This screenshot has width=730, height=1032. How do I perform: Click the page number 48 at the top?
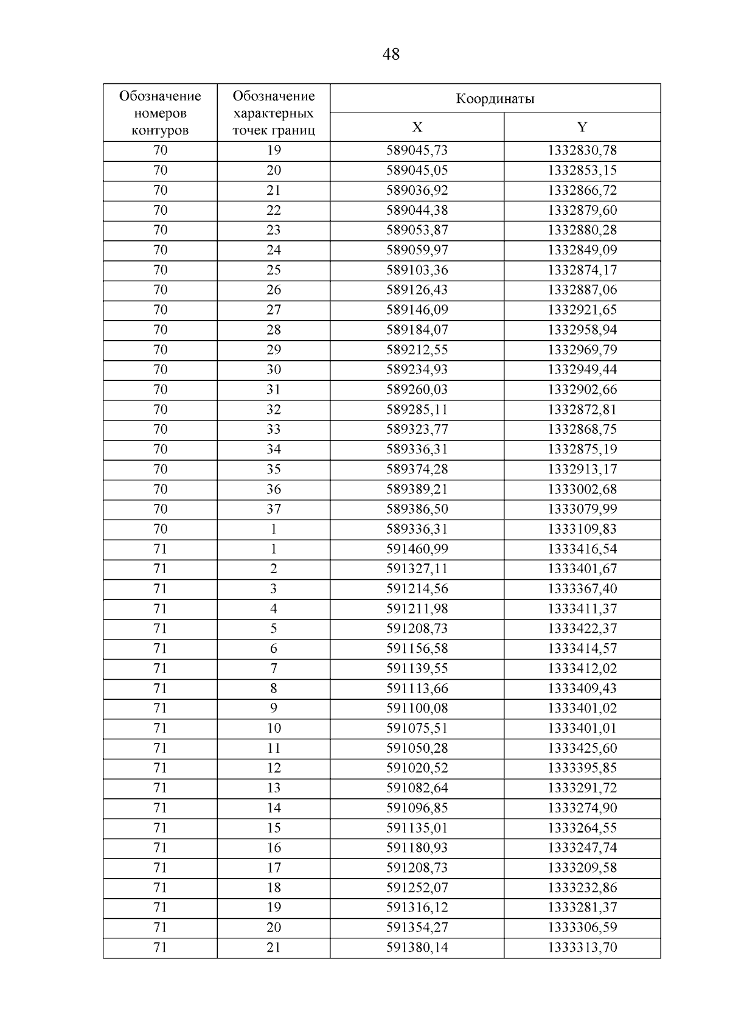click(x=391, y=55)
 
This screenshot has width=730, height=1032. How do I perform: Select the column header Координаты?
click(x=495, y=99)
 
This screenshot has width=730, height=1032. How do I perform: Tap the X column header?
click(x=417, y=127)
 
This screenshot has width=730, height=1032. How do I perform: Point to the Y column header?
click(x=582, y=127)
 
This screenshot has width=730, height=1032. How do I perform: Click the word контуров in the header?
click(x=160, y=130)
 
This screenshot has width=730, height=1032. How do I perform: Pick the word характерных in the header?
click(x=274, y=113)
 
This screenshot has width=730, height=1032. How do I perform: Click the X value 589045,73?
click(x=417, y=150)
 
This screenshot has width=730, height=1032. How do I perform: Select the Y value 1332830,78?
click(x=582, y=150)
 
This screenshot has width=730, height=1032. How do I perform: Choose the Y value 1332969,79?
click(x=582, y=350)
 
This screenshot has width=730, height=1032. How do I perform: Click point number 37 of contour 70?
click(x=274, y=509)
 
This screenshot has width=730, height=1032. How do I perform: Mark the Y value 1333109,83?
click(x=582, y=529)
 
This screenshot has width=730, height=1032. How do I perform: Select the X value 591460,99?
click(x=417, y=549)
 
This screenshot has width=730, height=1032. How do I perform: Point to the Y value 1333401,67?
click(x=582, y=569)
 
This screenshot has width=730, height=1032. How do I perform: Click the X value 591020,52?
click(x=417, y=768)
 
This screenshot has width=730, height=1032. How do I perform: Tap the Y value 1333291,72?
click(x=582, y=788)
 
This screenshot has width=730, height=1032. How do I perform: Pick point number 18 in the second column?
click(x=274, y=888)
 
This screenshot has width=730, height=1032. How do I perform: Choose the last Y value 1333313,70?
click(x=582, y=947)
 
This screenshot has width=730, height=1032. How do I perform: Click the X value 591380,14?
click(x=417, y=947)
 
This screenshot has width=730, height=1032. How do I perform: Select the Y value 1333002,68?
click(x=582, y=489)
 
